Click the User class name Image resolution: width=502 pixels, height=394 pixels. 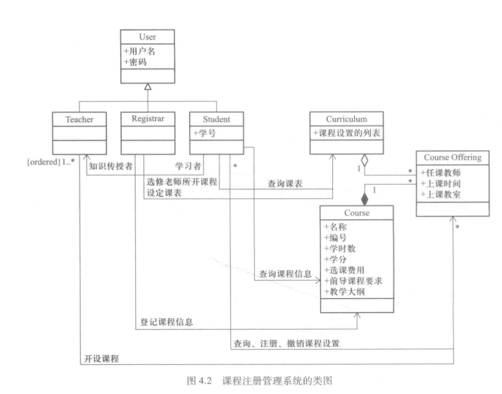coord(148,38)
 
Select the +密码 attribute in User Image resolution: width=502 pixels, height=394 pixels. coord(136,62)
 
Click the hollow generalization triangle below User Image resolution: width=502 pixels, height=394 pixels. coord(148,87)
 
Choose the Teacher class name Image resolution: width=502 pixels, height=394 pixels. coord(79,119)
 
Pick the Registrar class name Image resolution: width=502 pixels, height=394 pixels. coord(148,119)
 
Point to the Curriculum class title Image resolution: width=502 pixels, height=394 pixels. coord(346,119)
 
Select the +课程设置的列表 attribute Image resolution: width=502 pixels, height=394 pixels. coord(346,133)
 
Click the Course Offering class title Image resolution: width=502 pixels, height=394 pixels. coord(452,157)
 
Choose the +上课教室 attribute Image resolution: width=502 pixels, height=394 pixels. coord(440,195)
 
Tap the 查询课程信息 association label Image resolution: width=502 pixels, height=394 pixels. coord(285,274)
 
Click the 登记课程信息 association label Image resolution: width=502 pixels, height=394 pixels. coord(166,322)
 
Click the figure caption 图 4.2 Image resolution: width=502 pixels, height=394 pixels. coord(251,379)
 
